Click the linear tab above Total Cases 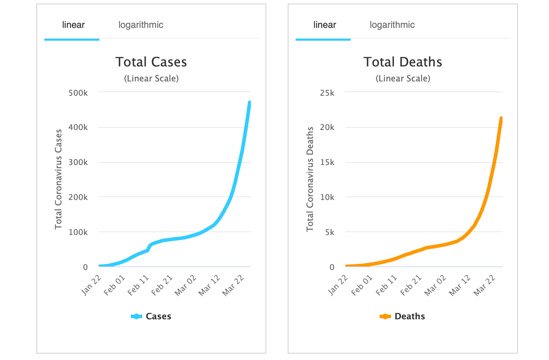[x=73, y=25]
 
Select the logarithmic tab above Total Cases [x=141, y=25]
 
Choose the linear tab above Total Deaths [x=325, y=25]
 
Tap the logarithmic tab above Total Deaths [x=392, y=25]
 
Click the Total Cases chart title [x=151, y=62]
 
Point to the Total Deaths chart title [x=403, y=62]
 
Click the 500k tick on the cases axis [x=78, y=93]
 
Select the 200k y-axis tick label [x=78, y=197]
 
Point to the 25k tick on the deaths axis [x=327, y=93]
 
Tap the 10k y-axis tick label [x=327, y=197]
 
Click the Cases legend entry [x=151, y=316]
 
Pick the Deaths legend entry [x=402, y=316]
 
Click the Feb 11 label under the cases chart [x=138, y=286]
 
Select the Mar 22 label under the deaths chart [x=484, y=286]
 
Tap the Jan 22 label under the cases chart [x=91, y=286]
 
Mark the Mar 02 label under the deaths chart [x=435, y=286]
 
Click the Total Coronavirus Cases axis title [x=58, y=179]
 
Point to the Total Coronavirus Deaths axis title [x=310, y=179]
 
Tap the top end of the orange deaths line [x=501, y=119]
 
